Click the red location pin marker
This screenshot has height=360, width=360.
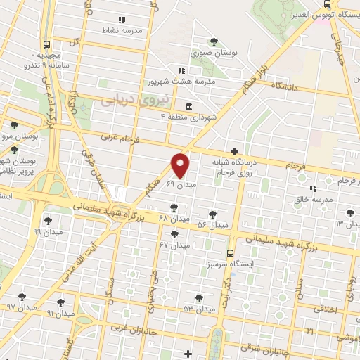coord(181,165)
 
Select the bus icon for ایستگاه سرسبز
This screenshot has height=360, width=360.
coord(230,253)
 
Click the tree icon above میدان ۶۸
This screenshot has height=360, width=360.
coord(174,207)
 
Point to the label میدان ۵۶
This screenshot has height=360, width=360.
coord(212,226)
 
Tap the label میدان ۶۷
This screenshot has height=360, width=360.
coord(174,245)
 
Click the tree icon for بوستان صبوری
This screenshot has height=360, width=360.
coord(214,41)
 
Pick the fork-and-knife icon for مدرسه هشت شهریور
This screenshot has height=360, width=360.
coord(181,70)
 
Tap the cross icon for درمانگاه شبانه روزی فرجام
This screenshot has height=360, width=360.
coord(235,151)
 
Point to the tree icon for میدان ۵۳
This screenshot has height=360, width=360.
coord(199,297)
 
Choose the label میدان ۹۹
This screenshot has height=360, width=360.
coord(48,231)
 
